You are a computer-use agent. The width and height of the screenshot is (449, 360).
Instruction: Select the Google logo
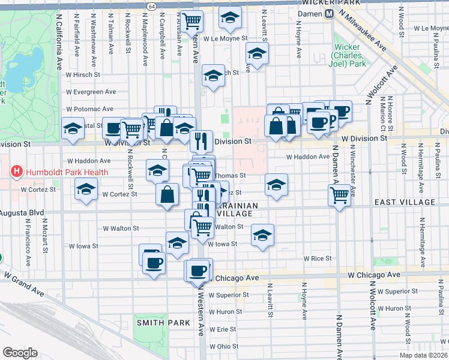click(20, 353)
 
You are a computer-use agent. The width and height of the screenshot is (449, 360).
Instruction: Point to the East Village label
click(405, 203)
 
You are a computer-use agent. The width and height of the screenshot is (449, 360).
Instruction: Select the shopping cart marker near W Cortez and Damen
click(340, 194)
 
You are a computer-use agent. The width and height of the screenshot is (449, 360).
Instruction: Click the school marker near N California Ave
click(73, 128)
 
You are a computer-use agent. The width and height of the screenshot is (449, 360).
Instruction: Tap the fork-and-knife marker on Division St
click(201, 140)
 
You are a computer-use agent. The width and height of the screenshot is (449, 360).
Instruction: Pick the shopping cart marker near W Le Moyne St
click(191, 21)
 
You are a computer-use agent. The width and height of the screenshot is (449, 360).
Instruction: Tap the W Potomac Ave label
click(90, 109)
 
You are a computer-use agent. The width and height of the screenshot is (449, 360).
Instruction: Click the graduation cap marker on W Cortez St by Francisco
click(86, 190)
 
